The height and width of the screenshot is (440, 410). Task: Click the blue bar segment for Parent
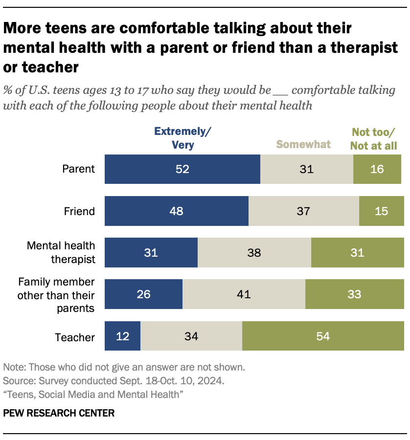[182, 169]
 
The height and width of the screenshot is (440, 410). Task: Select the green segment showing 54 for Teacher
[323, 336]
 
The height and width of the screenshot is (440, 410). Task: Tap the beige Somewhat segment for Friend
[303, 211]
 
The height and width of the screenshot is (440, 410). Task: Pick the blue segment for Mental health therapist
[151, 253]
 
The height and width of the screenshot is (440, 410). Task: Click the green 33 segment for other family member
[354, 294]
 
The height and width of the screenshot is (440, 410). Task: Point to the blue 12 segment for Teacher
[123, 336]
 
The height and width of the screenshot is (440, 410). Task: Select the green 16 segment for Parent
[377, 169]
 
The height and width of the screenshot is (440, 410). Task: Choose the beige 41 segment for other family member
[244, 294]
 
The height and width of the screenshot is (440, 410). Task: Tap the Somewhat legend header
[303, 144]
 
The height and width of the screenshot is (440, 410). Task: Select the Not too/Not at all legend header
[374, 138]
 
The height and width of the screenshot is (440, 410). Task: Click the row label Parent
[78, 169]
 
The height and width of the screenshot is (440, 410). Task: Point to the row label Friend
[79, 211]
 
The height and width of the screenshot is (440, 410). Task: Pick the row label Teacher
[75, 337]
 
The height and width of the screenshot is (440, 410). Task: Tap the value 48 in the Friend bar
[177, 211]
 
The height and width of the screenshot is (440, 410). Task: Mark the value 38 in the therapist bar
[254, 253]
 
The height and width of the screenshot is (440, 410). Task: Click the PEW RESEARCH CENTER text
[59, 413]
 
